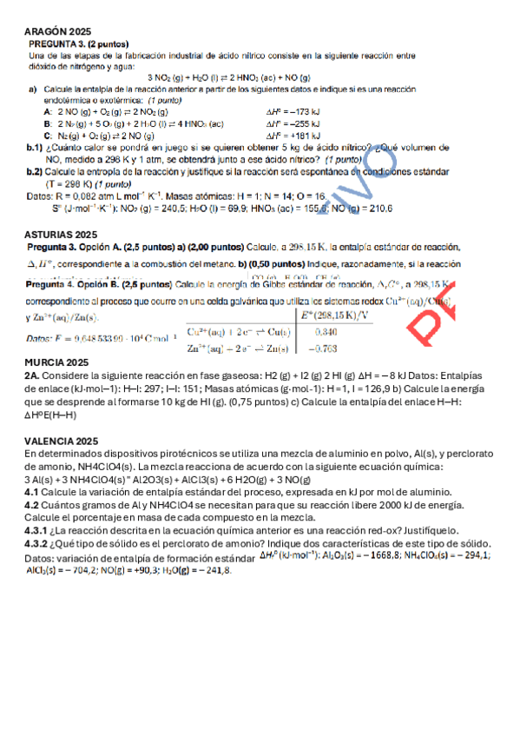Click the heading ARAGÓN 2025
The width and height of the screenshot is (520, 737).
pos(58,30)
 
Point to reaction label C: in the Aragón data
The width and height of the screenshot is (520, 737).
pos(48,136)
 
